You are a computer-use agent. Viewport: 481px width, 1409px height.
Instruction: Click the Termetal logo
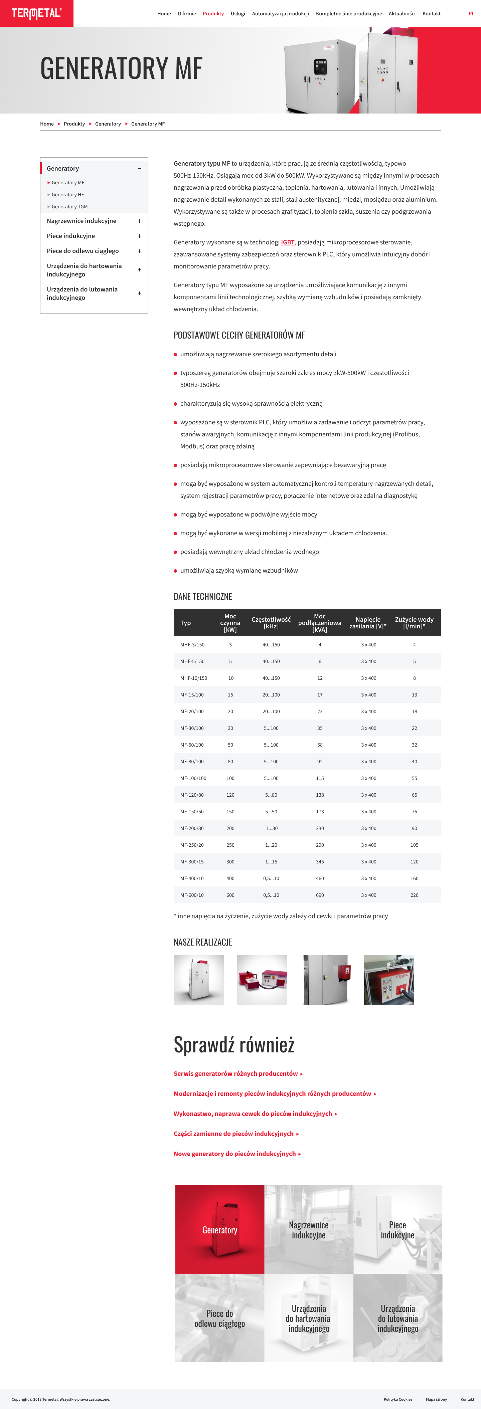coord(36,13)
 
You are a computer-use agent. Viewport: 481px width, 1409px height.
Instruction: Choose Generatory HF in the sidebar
coord(68,195)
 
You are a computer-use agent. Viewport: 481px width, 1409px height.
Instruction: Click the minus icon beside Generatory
coord(140,169)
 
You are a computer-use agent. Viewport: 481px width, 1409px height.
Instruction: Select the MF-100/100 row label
coord(193,778)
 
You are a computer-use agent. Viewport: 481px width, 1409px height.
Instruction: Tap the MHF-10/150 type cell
coord(194,678)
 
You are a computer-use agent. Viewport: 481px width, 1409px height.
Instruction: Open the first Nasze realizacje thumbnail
coord(199,980)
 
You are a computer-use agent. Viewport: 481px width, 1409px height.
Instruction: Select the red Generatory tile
coord(219,1229)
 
